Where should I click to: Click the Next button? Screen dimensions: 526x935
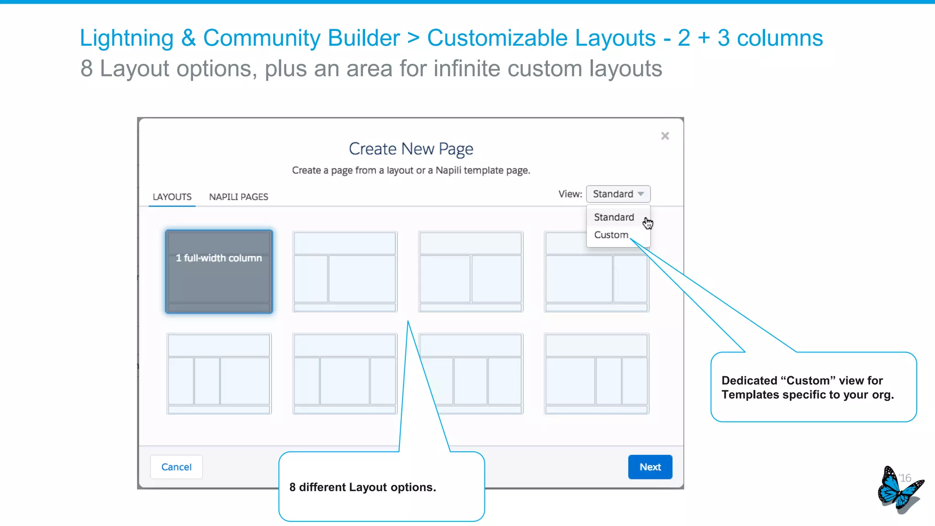(650, 467)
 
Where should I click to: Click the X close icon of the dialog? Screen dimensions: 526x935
(665, 136)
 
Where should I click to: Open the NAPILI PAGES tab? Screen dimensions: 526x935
(238, 197)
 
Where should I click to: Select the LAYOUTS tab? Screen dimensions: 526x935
(172, 197)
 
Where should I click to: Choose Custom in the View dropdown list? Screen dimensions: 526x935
(611, 235)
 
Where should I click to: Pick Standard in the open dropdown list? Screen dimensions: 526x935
(614, 217)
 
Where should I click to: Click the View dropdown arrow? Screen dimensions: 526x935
(641, 194)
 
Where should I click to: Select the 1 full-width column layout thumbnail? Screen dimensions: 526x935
(219, 272)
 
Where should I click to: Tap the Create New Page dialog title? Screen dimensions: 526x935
(411, 149)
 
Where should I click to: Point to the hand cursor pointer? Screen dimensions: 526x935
(647, 223)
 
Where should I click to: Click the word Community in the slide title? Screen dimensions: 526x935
(301, 38)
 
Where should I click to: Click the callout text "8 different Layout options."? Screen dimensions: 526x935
(362, 487)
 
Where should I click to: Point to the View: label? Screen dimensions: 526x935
(570, 194)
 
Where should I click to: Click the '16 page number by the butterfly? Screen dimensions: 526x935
(905, 478)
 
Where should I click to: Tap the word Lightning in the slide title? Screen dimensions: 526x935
(126, 38)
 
